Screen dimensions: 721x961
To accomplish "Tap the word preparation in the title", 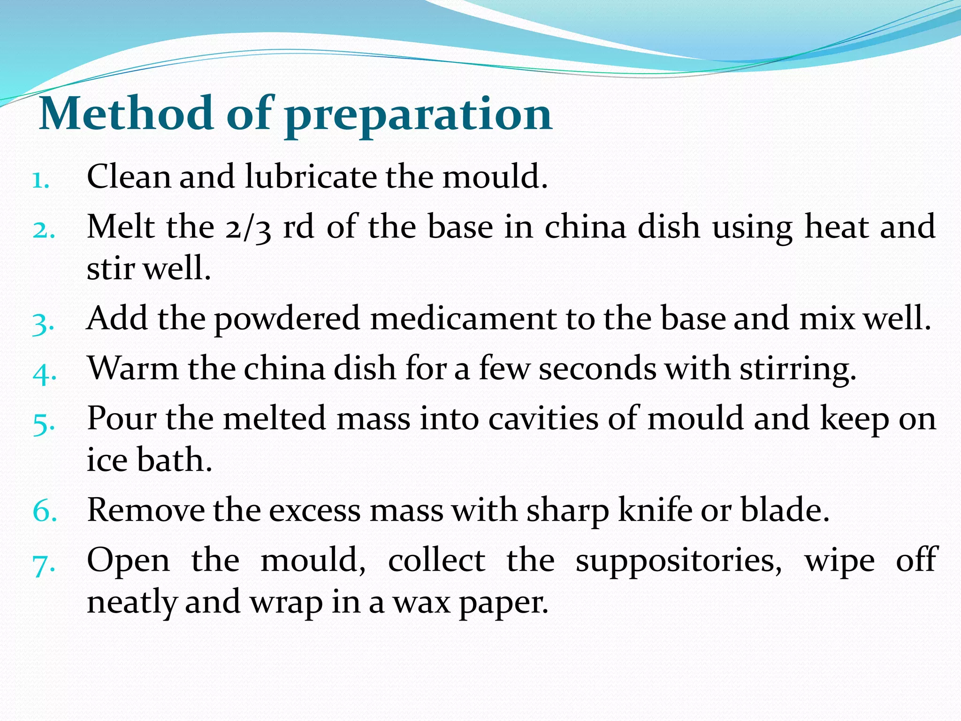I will (x=419, y=115).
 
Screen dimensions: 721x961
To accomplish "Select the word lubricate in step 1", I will (x=311, y=177).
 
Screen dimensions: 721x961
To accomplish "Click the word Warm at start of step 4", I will (x=133, y=368).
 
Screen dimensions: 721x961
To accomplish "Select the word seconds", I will (x=597, y=368).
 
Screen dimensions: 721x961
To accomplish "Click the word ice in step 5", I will (x=107, y=460).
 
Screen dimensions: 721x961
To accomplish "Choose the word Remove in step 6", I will (x=146, y=510).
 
